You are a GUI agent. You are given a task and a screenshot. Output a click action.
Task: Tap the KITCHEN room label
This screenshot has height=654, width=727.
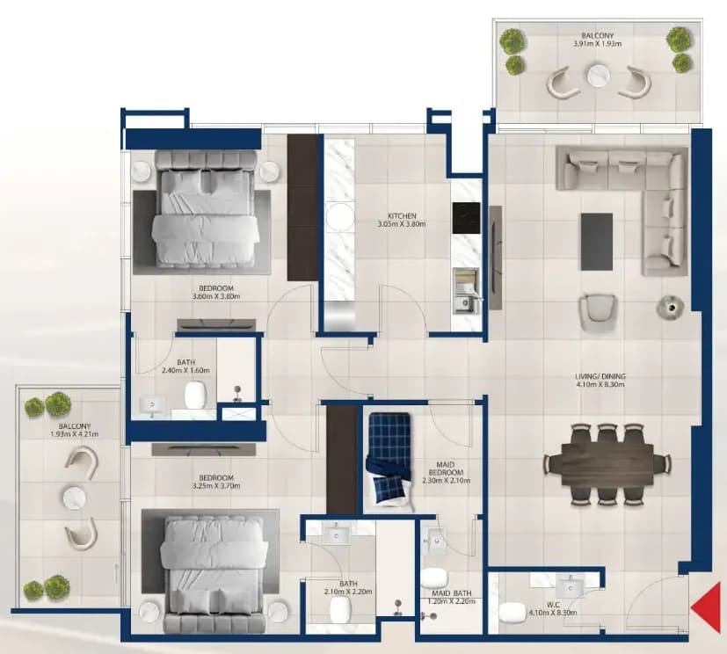tap(402, 216)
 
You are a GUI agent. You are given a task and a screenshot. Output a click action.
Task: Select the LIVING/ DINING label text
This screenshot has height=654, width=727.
tap(600, 376)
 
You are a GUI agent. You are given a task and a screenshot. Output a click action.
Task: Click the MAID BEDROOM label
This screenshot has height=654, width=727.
tap(446, 469)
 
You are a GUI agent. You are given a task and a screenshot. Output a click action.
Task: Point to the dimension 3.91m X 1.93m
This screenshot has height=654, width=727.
tap(598, 44)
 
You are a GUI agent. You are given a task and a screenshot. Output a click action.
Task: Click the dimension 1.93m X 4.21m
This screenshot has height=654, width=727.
tap(74, 434)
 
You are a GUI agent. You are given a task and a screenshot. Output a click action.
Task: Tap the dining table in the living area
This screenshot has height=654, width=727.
tap(607, 464)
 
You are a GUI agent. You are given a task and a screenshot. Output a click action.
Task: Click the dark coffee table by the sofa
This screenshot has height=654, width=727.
tap(597, 242)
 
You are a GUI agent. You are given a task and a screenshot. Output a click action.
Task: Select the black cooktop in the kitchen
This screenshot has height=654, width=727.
tap(466, 218)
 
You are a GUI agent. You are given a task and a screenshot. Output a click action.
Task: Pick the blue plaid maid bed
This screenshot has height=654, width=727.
tap(389, 458)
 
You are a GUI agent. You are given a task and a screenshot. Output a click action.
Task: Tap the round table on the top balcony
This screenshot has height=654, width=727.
tap(598, 76)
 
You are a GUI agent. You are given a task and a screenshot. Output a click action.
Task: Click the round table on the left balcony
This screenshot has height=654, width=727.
tap(74, 498)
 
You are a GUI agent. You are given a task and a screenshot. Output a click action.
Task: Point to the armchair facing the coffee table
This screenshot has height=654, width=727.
tap(598, 311)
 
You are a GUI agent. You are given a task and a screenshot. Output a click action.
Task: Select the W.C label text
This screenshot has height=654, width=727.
tap(553, 605)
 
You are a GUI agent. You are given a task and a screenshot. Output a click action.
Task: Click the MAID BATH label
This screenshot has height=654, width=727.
tap(452, 593)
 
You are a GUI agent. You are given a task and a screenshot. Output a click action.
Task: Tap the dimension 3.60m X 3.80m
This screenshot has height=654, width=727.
tap(216, 296)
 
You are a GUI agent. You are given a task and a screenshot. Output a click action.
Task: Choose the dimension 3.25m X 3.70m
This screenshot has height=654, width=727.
tap(216, 486)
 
